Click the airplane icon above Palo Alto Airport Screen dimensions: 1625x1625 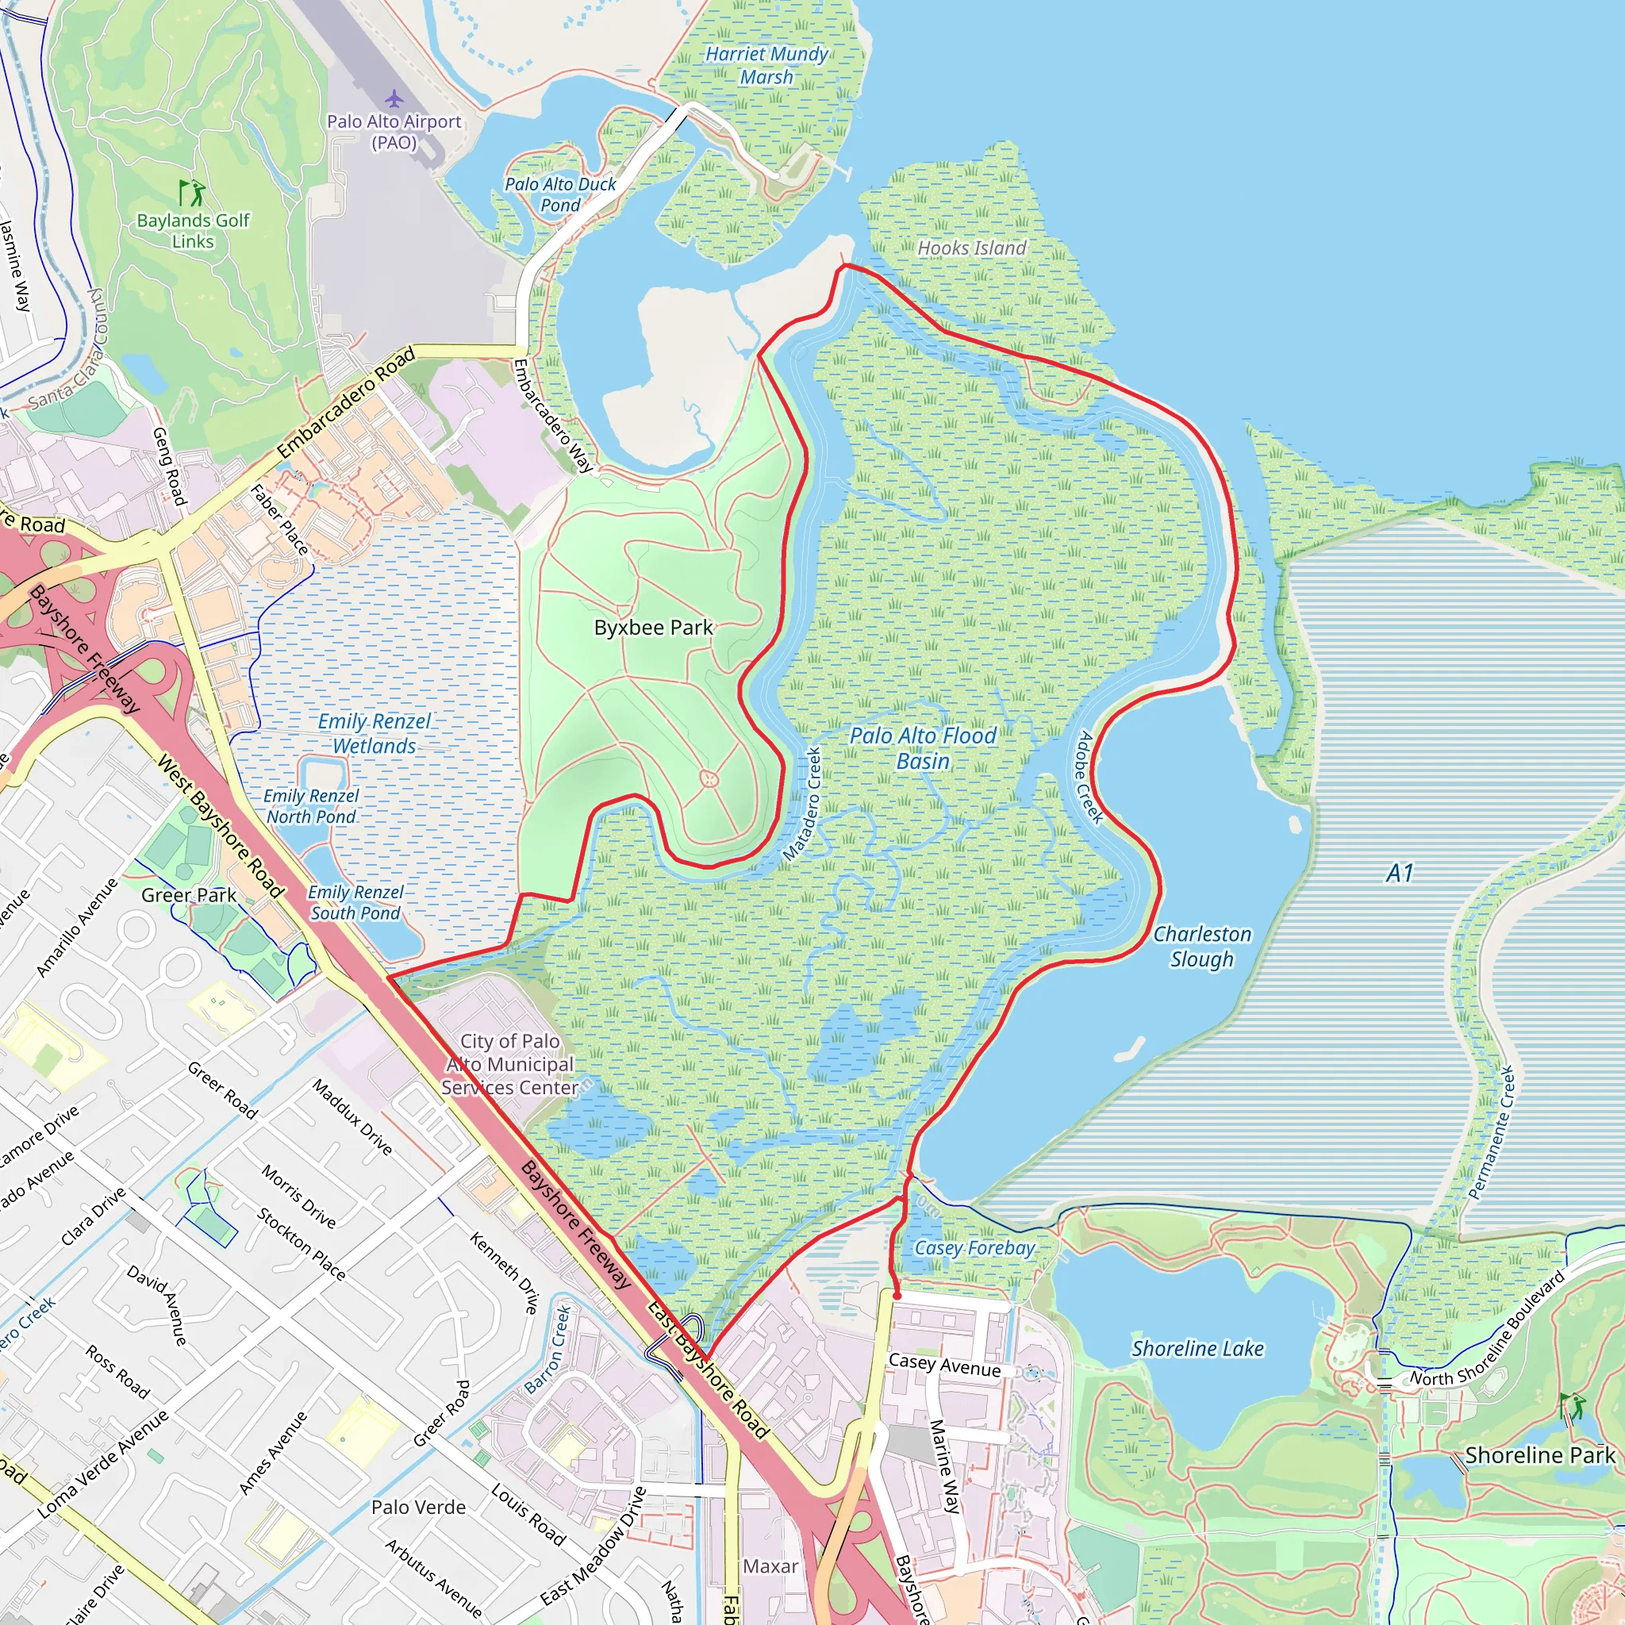point(394,99)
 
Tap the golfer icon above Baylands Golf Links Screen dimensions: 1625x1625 point(193,193)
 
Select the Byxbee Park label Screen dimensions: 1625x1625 point(653,628)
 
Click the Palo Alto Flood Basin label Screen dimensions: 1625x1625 point(923,747)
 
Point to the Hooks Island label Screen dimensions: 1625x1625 point(971,248)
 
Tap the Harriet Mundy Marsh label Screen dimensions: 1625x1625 point(766,66)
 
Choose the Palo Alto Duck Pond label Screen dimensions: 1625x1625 point(560,194)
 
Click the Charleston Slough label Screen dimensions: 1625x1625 point(1201,947)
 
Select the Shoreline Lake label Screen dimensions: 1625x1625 point(1197,1349)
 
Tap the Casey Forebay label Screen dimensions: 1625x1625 point(974,1248)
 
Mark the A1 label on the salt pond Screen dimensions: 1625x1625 point(1400,873)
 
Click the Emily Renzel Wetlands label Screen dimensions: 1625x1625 point(375,733)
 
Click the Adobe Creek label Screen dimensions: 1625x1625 point(1091,777)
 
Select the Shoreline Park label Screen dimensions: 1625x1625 point(1539,1455)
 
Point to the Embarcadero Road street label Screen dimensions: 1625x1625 point(347,403)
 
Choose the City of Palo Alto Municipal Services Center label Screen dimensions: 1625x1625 point(509,1064)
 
